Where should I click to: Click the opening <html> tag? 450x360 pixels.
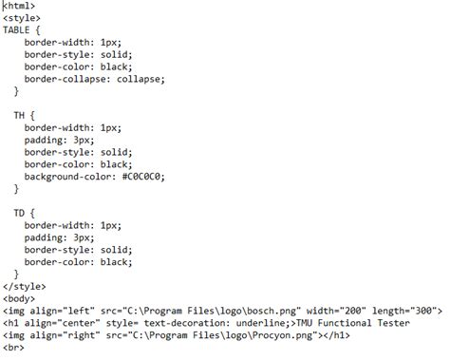pos(21,6)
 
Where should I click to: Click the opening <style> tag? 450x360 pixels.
pos(23,18)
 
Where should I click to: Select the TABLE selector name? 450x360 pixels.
pos(18,30)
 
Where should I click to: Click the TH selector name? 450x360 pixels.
pos(19,114)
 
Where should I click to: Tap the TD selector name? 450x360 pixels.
pos(19,212)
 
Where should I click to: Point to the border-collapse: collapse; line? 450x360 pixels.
pos(95,79)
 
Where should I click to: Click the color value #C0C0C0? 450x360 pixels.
pos(151,177)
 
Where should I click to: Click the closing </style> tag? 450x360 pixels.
pos(25,285)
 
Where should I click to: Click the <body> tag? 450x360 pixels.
pos(20,297)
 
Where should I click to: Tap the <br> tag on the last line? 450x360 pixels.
pos(15,347)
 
